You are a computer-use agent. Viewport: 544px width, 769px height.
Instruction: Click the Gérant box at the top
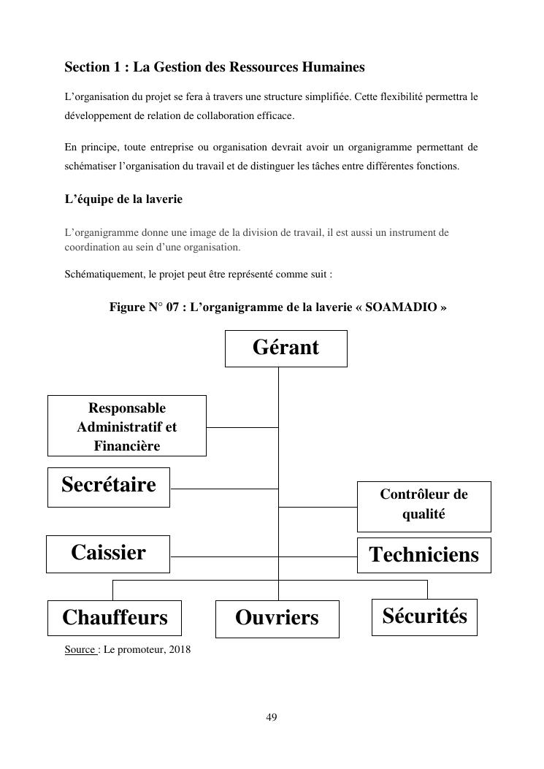[x=286, y=348]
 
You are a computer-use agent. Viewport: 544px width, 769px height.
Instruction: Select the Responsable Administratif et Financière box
[x=126, y=426]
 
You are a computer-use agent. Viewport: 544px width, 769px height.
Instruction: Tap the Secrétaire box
[x=109, y=486]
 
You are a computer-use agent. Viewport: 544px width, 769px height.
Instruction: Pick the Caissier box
[x=108, y=554]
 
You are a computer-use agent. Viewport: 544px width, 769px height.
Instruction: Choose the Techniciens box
[x=424, y=555]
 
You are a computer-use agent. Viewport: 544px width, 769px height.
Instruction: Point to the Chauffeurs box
[x=115, y=618]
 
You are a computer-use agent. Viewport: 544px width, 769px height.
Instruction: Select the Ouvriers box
[x=277, y=618]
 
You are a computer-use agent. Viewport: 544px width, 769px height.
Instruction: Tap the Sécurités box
[x=424, y=616]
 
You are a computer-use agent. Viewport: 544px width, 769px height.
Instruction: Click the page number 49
[x=272, y=717]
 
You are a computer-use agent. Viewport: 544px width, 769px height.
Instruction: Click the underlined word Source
[x=80, y=649]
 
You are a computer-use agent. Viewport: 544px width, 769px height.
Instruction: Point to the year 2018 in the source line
[x=179, y=649]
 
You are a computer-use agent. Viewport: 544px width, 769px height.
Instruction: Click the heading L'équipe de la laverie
[x=123, y=199]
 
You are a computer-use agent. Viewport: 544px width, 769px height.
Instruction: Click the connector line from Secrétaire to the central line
[x=223, y=488]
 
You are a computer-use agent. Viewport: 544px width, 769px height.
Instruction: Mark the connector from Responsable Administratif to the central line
[x=242, y=426]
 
